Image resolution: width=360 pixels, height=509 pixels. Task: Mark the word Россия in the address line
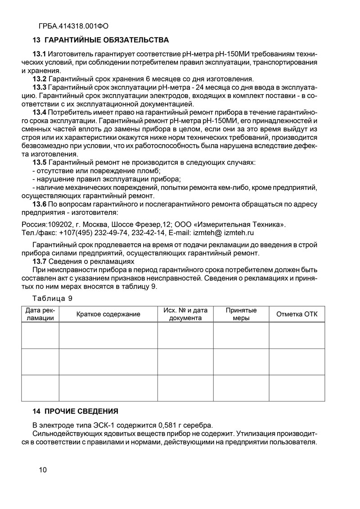pyautogui.click(x=33, y=224)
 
